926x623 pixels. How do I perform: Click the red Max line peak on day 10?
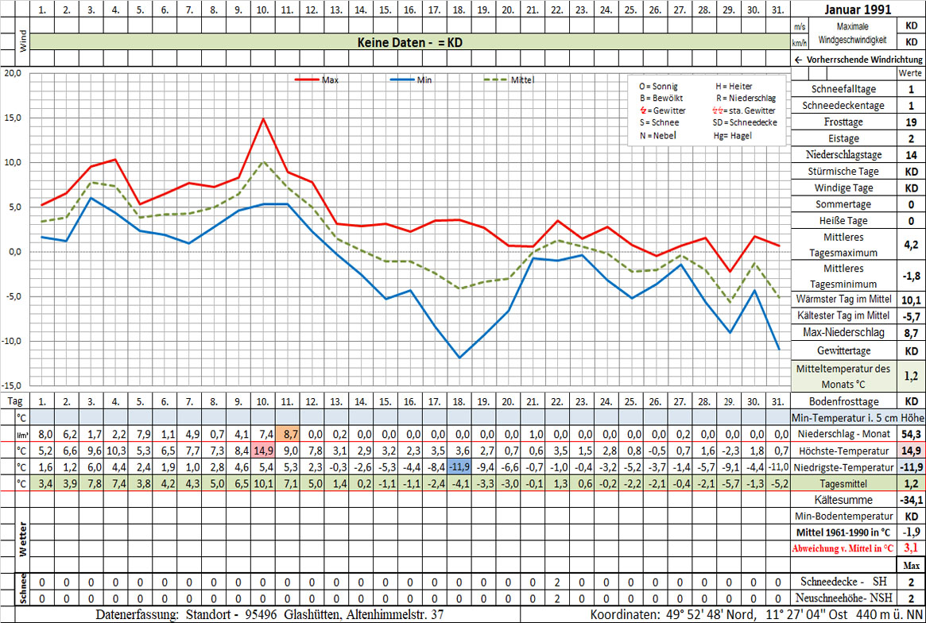[263, 118]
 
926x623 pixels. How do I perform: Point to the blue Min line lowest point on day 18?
[459, 358]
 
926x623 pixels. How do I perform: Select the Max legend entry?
[331, 79]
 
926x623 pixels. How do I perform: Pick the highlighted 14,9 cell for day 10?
[263, 450]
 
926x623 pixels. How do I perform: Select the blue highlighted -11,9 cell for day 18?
[459, 466]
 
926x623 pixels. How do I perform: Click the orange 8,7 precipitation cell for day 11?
[288, 434]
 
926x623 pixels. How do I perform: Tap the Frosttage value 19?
[911, 122]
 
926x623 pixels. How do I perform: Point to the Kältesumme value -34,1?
[911, 500]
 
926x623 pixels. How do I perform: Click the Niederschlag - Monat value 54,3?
[911, 434]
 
